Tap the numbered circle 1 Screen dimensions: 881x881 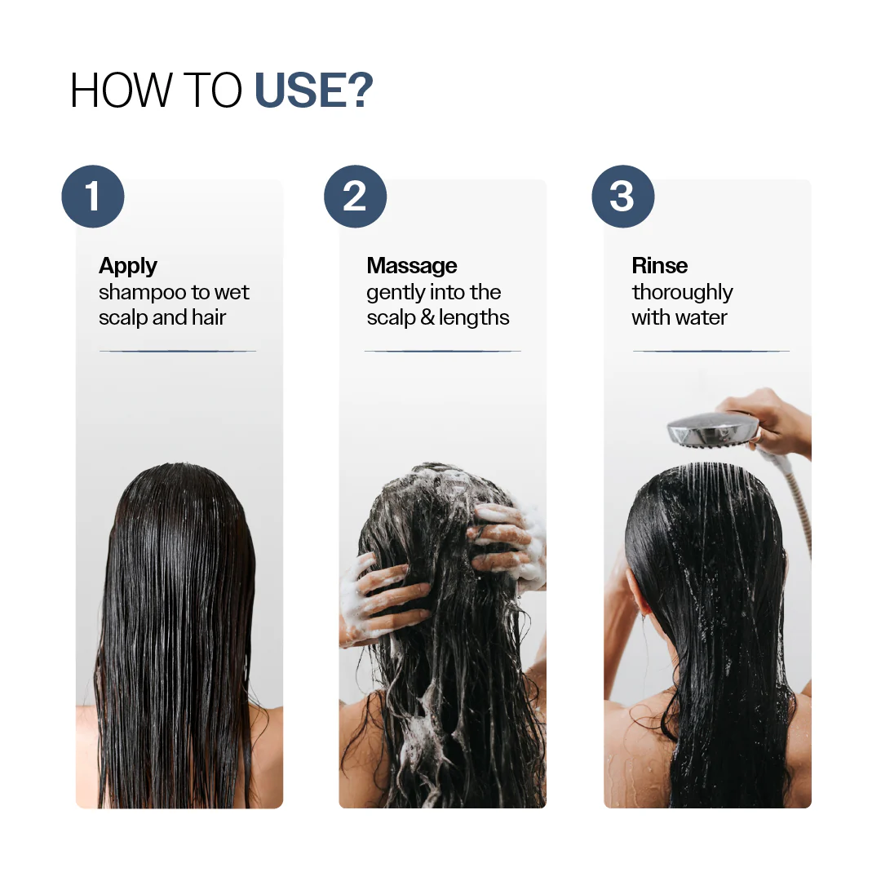93,197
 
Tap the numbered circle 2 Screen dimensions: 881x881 355,197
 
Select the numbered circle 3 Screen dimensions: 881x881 622,197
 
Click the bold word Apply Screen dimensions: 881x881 128,266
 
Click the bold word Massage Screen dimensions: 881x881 412,266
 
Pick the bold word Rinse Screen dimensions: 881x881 660,266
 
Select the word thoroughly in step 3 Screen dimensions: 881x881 683,293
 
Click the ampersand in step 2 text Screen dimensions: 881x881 427,318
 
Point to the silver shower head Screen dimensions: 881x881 712,428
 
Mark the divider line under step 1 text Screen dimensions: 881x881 178,351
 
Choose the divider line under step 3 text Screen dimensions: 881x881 711,351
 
